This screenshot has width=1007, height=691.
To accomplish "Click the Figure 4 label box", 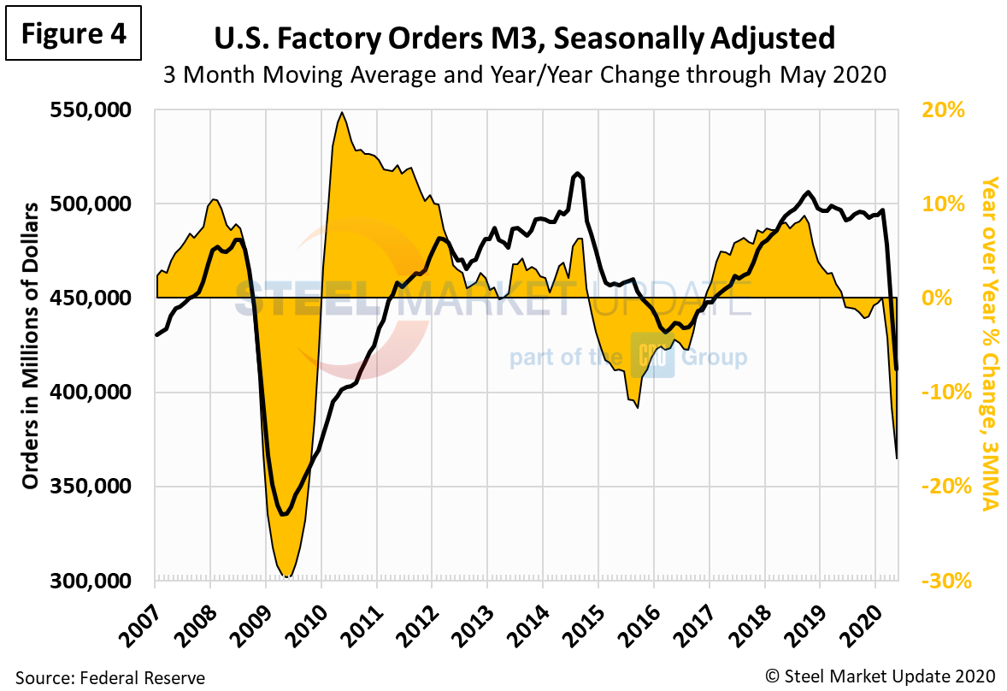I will (73, 34).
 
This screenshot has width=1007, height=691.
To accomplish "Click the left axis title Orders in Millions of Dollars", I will (31, 346).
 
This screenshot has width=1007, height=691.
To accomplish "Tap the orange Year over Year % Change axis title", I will (991, 344).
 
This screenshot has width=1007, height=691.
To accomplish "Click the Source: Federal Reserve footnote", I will (110, 678).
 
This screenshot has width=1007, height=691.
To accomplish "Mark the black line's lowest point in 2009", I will (284, 515).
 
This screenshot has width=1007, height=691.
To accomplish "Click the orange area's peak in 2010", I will (342, 113).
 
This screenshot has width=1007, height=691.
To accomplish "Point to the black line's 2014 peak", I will (578, 174).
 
